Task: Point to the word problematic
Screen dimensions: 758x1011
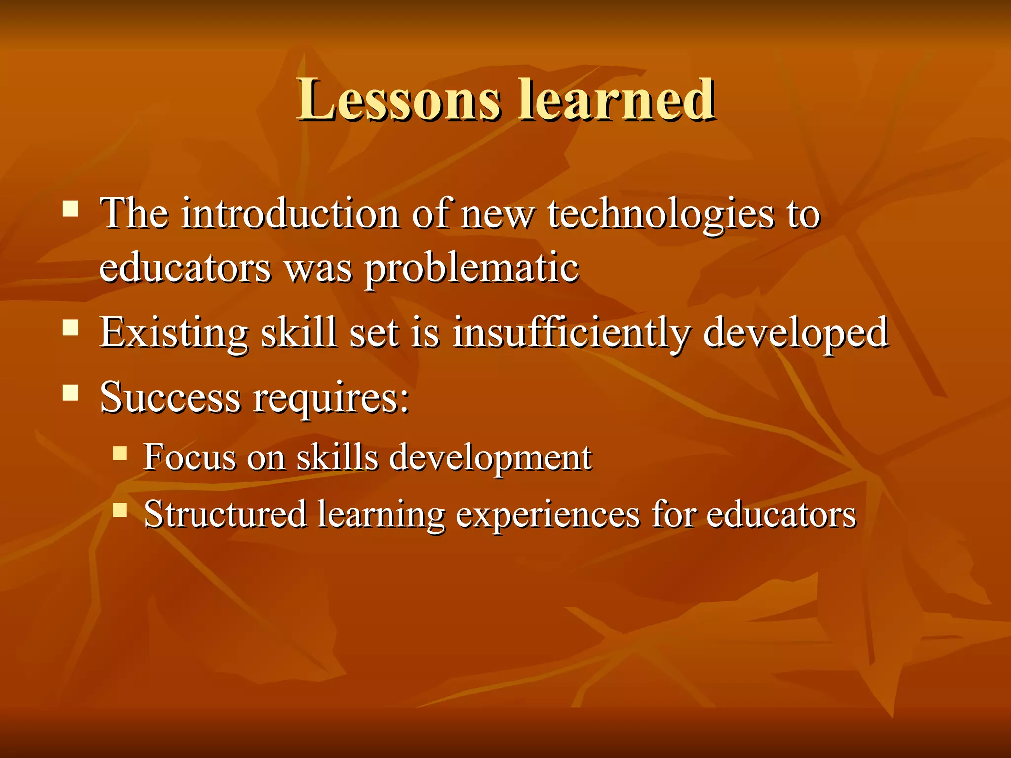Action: coord(471,269)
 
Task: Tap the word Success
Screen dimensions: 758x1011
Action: coord(170,397)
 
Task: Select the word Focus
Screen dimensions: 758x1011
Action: coord(190,457)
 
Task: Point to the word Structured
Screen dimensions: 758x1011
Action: coord(225,514)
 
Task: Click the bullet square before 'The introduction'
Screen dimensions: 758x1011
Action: coord(71,208)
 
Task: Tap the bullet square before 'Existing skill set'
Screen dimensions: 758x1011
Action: coord(71,327)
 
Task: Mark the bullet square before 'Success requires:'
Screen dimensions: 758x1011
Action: coord(71,393)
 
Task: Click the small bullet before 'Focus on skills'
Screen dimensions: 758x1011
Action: coord(119,453)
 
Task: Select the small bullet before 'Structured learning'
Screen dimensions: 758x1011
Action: coord(119,509)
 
